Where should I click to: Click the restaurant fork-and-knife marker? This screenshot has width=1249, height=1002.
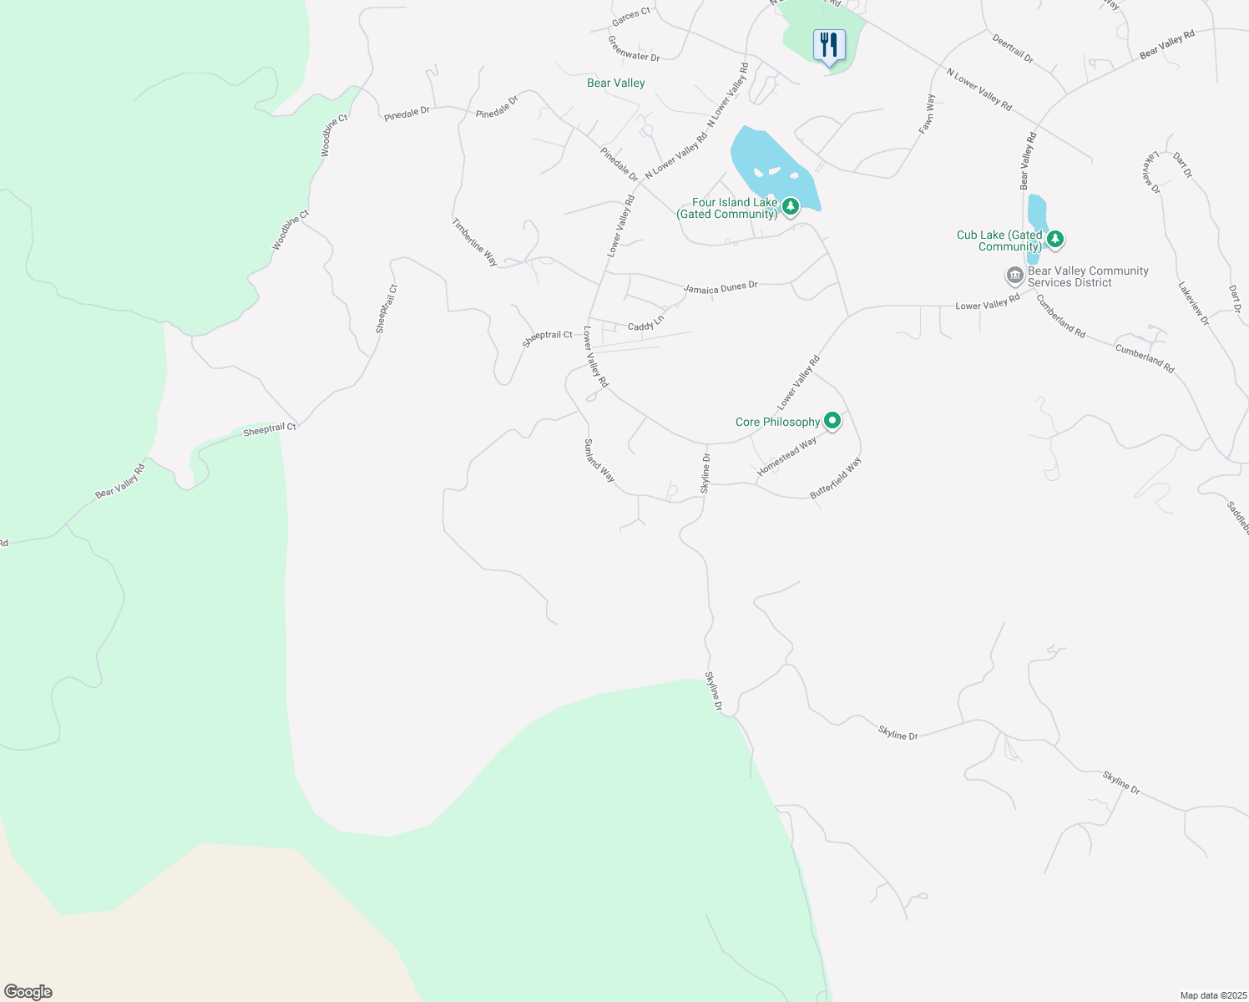829,45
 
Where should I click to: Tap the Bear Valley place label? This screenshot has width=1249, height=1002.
615,83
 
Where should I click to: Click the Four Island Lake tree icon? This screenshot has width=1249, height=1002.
791,205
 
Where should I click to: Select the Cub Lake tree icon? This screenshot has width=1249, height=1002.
1055,240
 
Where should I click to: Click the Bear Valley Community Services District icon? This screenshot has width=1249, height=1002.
1014,275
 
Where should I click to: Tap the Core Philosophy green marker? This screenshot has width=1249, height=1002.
832,421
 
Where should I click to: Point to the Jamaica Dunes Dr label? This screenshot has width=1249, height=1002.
721,287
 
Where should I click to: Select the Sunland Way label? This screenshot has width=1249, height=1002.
599,461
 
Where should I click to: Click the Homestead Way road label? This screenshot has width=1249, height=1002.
786,458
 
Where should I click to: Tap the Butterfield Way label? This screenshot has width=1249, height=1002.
836,478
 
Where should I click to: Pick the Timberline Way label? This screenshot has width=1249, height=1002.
475,243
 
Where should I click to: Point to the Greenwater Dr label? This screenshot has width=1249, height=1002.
634,48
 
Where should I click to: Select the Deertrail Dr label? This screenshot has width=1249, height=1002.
1013,48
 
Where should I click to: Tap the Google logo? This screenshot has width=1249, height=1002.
28,992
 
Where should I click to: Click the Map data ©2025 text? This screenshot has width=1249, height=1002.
1211,995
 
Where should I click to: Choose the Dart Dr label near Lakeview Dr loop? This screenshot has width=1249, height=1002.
1182,164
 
